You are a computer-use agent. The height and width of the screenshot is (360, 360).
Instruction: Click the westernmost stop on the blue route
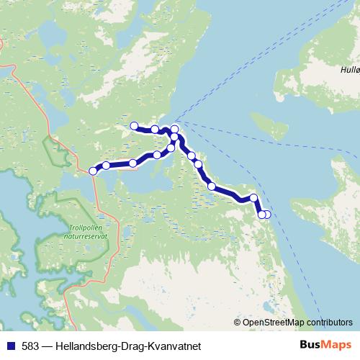(x=93, y=171)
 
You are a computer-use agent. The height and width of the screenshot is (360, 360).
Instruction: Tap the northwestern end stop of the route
(x=134, y=126)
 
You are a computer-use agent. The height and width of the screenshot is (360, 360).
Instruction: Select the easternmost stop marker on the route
(x=267, y=214)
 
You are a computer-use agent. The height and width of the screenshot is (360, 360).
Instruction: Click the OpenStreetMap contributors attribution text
(x=297, y=322)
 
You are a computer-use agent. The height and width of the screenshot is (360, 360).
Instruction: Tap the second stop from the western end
(x=106, y=166)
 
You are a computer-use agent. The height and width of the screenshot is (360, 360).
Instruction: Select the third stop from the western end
(x=133, y=163)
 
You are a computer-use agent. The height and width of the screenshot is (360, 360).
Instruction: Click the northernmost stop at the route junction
(x=174, y=129)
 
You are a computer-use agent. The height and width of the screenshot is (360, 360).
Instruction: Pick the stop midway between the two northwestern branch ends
(x=155, y=129)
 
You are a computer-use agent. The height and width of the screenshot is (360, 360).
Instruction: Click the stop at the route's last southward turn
(x=253, y=197)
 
